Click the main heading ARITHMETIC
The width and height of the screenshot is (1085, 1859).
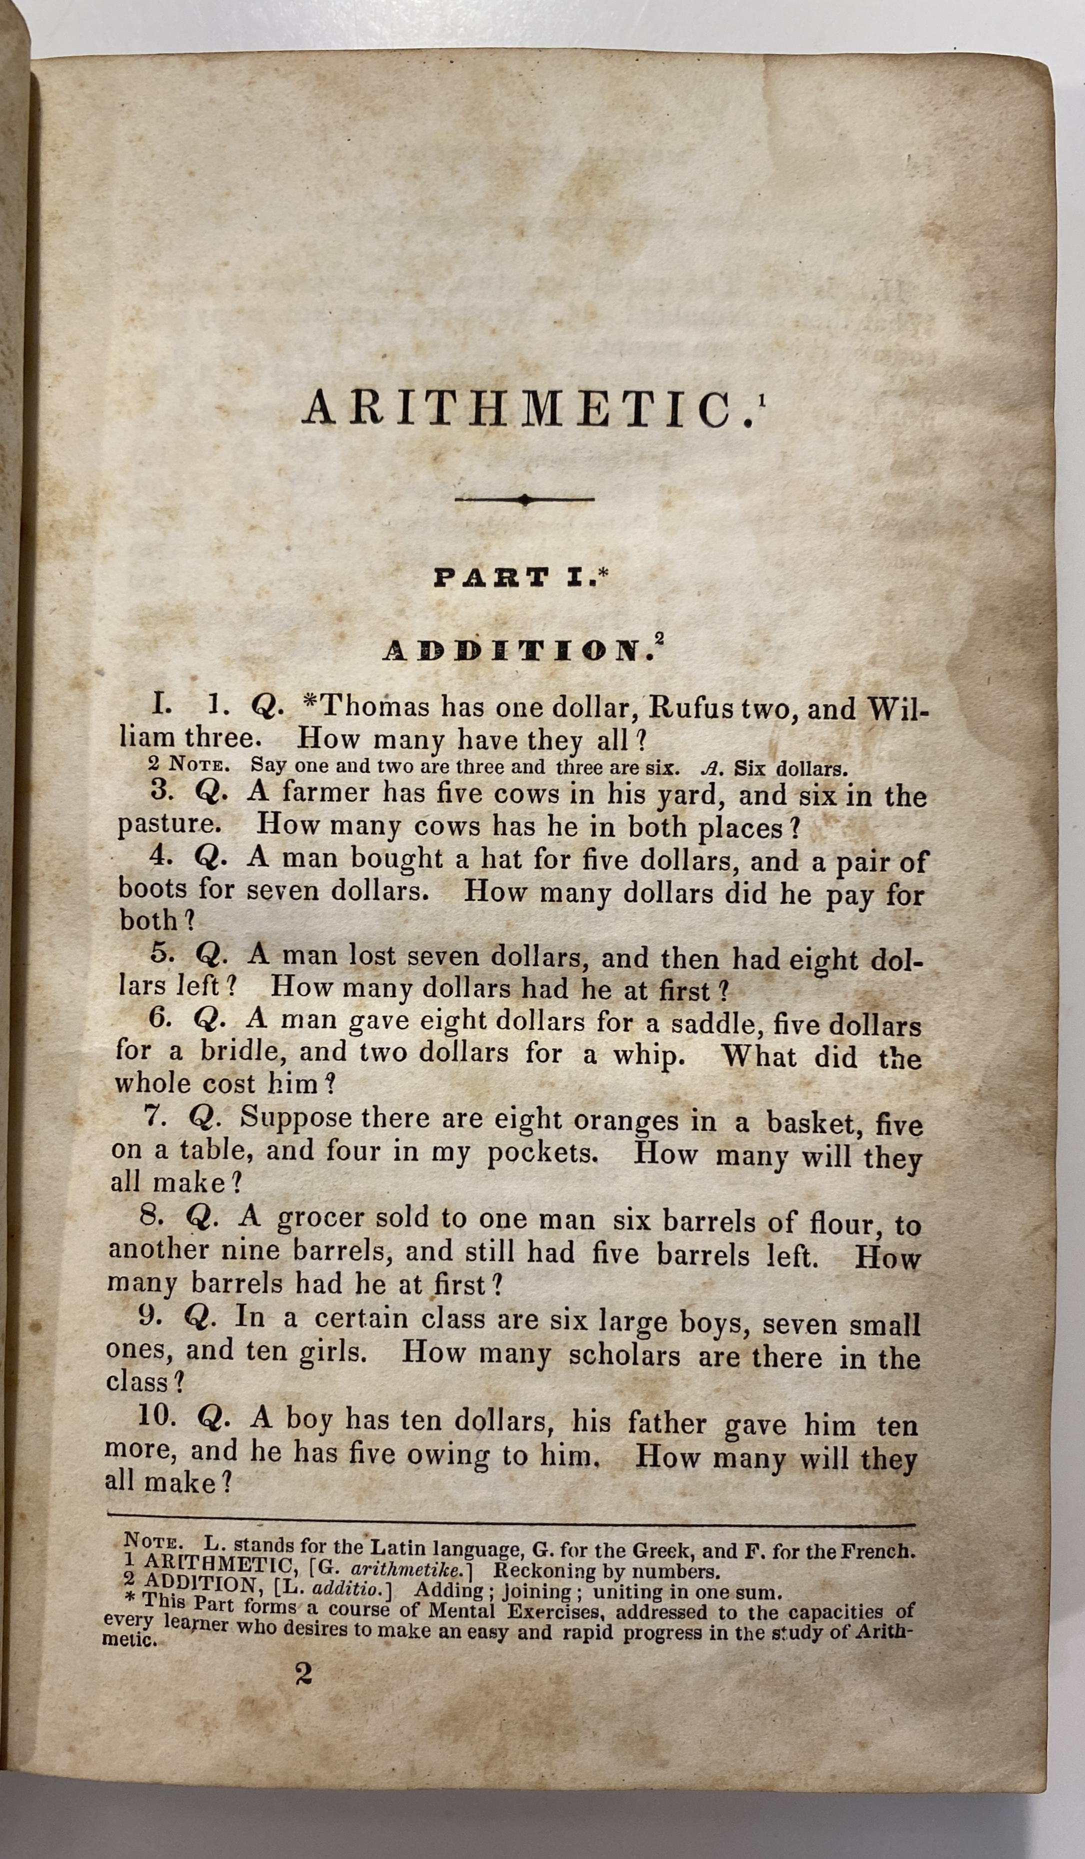point(528,410)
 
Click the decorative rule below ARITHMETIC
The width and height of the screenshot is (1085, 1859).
point(524,500)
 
